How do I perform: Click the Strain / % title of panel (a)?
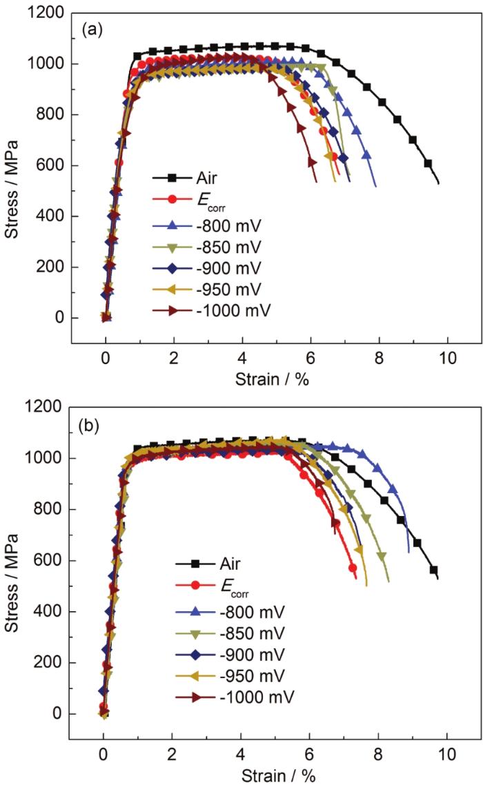275,378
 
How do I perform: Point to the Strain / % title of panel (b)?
275,773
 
